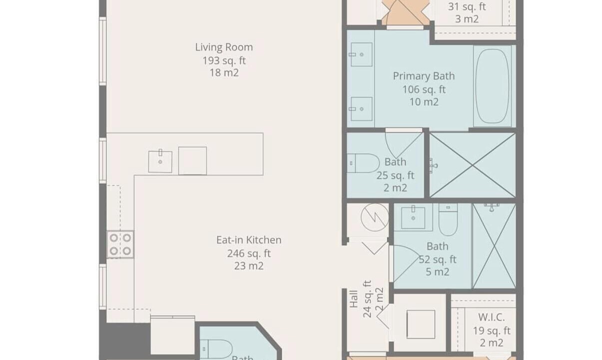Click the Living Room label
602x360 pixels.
[x=224, y=47]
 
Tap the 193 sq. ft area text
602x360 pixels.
[x=224, y=60]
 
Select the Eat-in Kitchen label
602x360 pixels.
[x=249, y=240]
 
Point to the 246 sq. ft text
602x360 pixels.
[x=249, y=253]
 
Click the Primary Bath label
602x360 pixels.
[x=424, y=76]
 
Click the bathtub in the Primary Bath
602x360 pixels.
[x=492, y=86]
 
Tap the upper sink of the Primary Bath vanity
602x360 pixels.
[x=362, y=54]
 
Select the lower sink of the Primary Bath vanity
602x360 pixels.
[x=362, y=109]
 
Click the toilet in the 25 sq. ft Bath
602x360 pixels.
[x=363, y=163]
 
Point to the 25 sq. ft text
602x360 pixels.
[x=395, y=175]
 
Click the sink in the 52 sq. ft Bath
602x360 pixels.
[x=413, y=217]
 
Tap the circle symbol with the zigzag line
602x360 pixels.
[x=375, y=217]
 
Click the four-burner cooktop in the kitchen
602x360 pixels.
[x=120, y=244]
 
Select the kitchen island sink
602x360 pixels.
[x=160, y=161]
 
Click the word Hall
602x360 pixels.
[x=354, y=299]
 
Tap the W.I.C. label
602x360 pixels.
[x=492, y=317]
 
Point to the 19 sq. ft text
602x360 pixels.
[x=492, y=330]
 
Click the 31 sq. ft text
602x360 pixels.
[x=467, y=6]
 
